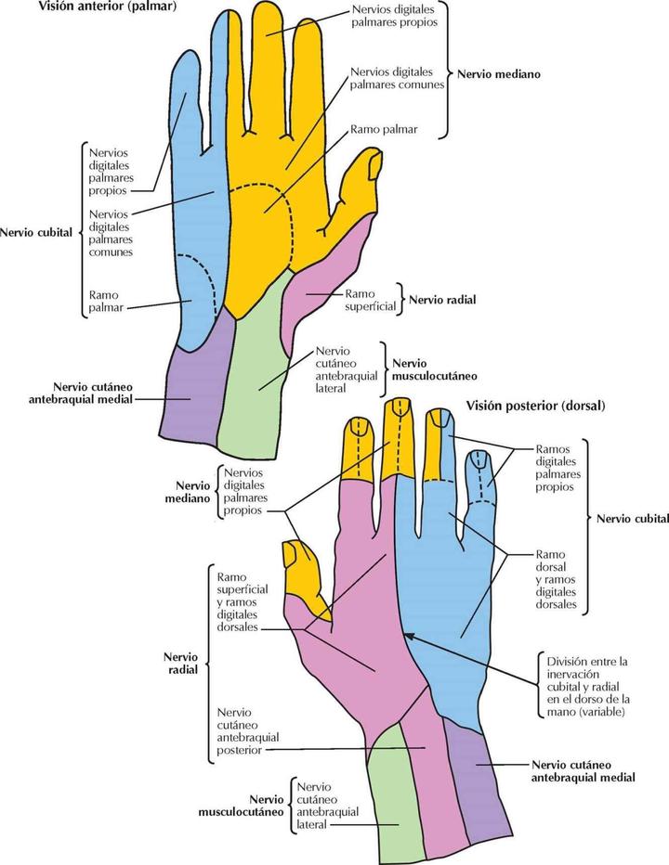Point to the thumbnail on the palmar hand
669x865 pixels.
point(374,167)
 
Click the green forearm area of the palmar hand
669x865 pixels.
point(256,381)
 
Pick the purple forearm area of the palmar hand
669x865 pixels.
point(192,390)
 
